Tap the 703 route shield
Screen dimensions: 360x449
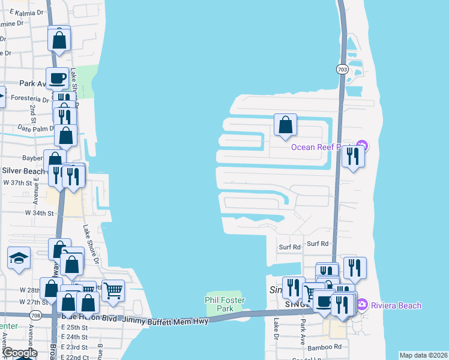(341, 70)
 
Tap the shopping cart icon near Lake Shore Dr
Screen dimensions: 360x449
(112, 291)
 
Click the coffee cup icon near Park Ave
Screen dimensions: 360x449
(58, 78)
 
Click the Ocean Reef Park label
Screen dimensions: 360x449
(322, 147)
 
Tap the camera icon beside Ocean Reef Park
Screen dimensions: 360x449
(362, 146)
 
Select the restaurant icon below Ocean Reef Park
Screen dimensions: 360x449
(353, 156)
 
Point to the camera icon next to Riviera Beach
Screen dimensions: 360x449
(363, 305)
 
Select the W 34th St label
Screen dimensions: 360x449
(39, 213)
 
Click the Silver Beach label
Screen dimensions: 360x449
(23, 171)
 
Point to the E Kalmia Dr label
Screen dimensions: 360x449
(17, 12)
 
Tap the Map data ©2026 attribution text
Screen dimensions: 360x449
(423, 355)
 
